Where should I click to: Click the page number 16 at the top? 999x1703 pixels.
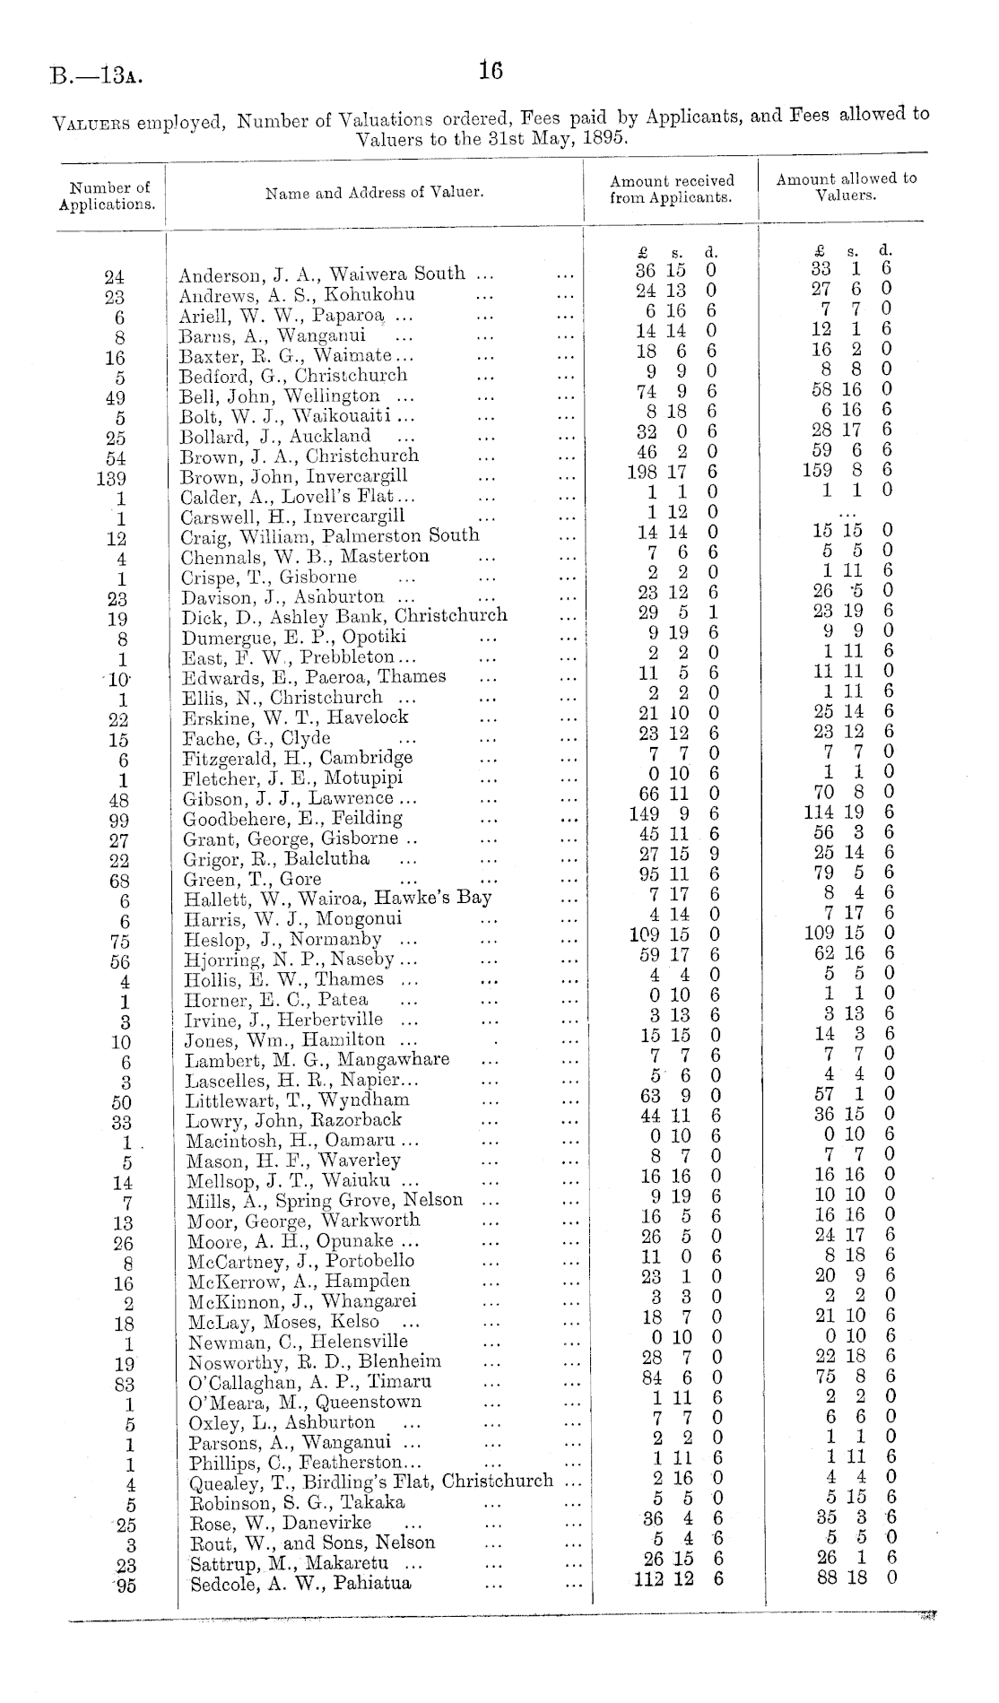click(491, 71)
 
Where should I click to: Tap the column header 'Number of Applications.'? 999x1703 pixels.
click(108, 195)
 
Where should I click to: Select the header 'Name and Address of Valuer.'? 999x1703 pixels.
click(374, 193)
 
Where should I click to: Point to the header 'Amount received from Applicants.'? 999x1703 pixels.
click(671, 189)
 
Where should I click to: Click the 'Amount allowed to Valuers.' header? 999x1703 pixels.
click(846, 187)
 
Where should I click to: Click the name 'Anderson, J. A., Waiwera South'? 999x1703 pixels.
click(322, 274)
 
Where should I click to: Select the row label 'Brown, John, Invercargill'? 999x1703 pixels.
click(293, 476)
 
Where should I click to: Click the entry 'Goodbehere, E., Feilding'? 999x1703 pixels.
click(292, 819)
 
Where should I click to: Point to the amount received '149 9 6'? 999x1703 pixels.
click(673, 814)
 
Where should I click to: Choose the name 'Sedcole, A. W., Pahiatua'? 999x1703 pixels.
click(300, 1583)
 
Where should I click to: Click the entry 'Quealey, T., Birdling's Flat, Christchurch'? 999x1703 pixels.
click(371, 1482)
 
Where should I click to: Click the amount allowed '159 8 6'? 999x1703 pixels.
click(847, 470)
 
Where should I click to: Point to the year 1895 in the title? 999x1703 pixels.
click(602, 140)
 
